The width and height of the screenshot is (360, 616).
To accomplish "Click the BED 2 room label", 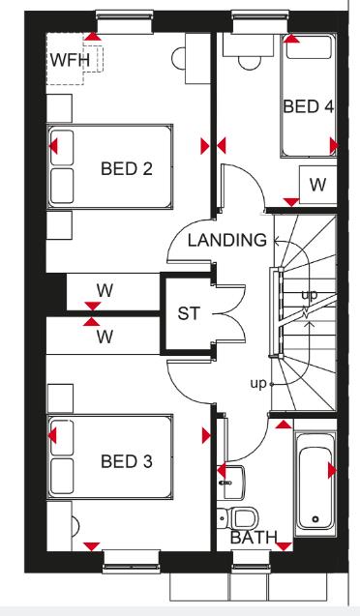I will pos(126,170).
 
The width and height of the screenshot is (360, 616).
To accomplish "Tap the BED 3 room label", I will pos(126,461).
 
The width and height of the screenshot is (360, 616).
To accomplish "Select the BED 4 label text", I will pos(308,105).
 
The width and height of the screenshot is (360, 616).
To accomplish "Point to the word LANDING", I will pos(226,240).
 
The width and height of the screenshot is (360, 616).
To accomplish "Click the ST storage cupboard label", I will pos(188,314).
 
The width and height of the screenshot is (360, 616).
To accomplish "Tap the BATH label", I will pos(254,538).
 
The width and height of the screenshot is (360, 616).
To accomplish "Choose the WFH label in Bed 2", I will pos(68,61).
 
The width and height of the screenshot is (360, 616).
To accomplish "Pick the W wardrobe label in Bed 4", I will pos(316,185).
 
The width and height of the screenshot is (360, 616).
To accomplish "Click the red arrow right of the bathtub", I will pos(334,471).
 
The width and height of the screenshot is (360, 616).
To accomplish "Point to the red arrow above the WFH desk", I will pos(91,36).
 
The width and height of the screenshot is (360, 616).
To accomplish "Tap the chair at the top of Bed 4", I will pos(252,55).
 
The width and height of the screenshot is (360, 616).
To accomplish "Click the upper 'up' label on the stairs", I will pos(309,294).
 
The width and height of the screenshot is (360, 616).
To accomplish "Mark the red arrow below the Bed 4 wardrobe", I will pos(290,202).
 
